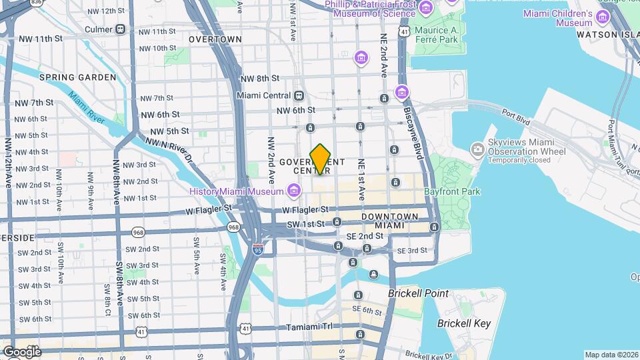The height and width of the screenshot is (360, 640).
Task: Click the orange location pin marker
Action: pyautogui.click(x=321, y=159)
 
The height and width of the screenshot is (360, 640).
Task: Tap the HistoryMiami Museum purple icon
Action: pyautogui.click(x=293, y=192)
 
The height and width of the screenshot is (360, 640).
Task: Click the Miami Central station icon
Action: pyautogui.click(x=299, y=95)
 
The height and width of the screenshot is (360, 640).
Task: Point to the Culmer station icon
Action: pyautogui.click(x=120, y=29)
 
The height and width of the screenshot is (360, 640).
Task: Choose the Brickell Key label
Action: pyautogui.click(x=463, y=324)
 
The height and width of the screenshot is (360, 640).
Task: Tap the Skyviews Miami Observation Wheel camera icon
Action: pyautogui.click(x=477, y=149)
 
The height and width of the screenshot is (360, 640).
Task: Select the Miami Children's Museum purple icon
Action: pyautogui.click(x=604, y=15)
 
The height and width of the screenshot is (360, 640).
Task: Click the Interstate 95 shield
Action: pyautogui.click(x=258, y=250)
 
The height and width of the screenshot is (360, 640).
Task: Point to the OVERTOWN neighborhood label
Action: pyautogui.click(x=215, y=39)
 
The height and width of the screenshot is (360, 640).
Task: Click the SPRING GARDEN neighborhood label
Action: pyautogui.click(x=77, y=77)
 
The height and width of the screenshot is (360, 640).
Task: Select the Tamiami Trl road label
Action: pyautogui.click(x=309, y=327)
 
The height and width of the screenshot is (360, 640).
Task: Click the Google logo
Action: pyautogui.click(x=21, y=352)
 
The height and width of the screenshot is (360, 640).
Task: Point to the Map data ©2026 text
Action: pyautogui.click(x=611, y=355)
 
